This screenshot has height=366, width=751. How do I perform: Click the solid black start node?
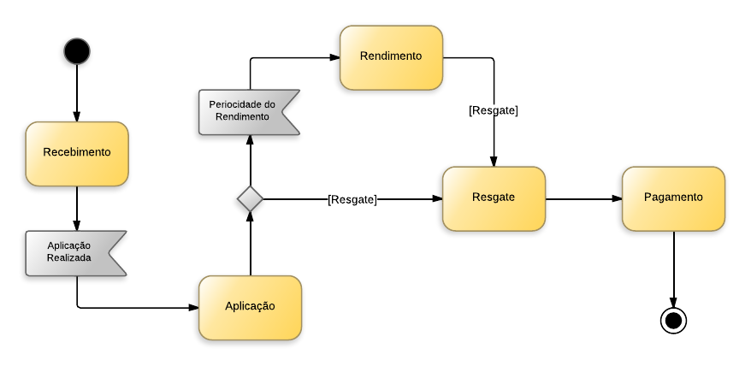(76, 51)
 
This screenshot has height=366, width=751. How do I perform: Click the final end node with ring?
(673, 321)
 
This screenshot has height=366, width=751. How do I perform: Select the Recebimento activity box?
(77, 153)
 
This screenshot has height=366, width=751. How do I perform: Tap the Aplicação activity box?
(250, 307)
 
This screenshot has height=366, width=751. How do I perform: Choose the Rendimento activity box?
(391, 57)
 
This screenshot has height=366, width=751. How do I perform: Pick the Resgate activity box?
(494, 198)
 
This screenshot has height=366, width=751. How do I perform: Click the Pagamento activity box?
(673, 198)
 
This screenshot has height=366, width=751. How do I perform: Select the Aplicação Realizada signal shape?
(74, 252)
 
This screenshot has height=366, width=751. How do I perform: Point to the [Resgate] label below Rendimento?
(494, 110)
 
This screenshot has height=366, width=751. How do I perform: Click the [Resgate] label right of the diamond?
(352, 199)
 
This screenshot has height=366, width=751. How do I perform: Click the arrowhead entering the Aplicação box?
(193, 307)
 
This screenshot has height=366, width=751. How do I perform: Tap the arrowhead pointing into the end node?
(673, 303)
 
